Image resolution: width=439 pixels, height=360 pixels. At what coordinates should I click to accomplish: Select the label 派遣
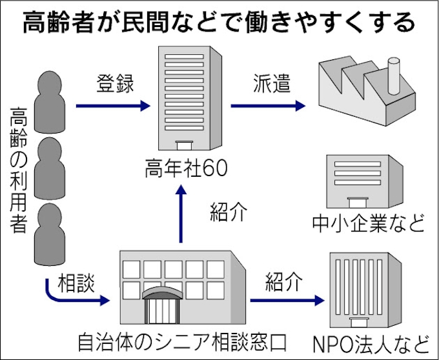[269, 83]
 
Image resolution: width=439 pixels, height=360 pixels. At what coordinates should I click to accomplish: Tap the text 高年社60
[187, 169]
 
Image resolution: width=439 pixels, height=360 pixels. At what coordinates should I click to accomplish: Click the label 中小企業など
[368, 223]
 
